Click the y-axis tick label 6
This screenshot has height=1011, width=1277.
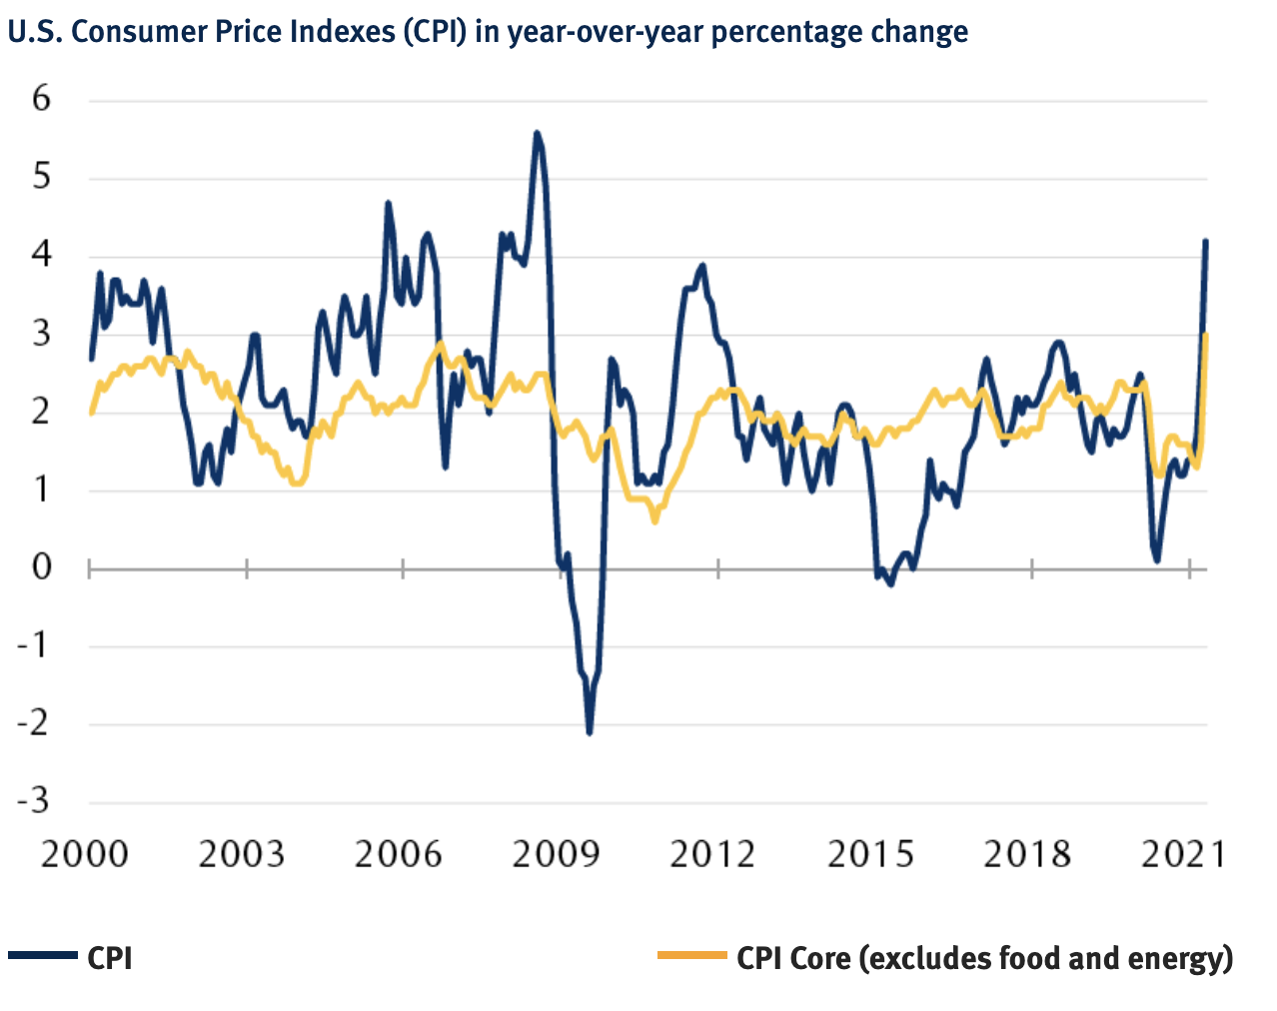(41, 99)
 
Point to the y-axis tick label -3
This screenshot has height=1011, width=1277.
(33, 801)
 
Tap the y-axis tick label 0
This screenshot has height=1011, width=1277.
(41, 566)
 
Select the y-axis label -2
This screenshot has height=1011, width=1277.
(33, 722)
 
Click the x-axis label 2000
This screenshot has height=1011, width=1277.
(85, 854)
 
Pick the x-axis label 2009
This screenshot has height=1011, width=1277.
(556, 854)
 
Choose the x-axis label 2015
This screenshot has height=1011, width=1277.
(870, 854)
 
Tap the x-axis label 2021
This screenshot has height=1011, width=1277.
(1183, 854)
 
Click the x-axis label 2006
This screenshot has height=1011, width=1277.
(399, 854)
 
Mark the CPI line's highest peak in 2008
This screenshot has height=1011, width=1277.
(537, 132)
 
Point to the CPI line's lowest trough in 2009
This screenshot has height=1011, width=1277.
(590, 733)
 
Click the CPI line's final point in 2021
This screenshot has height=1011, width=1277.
(1206, 241)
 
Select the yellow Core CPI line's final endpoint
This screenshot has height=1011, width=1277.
(1207, 336)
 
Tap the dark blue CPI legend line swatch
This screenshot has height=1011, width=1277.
(43, 957)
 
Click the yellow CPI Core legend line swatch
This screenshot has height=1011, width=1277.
(691, 957)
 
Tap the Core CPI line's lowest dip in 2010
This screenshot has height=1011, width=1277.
(654, 520)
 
